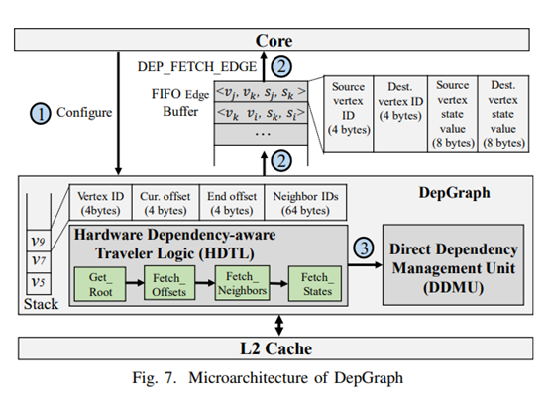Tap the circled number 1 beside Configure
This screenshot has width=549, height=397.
pos(41,114)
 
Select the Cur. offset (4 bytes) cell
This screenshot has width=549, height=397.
pos(164,203)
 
